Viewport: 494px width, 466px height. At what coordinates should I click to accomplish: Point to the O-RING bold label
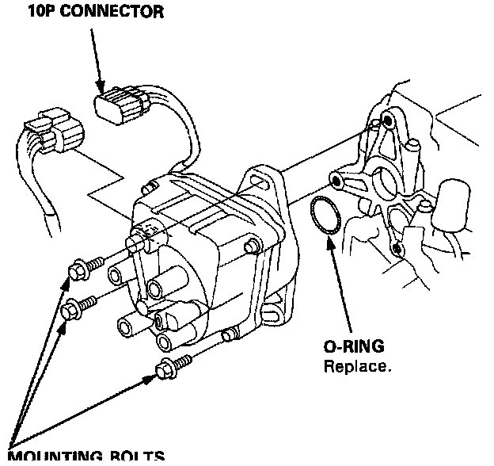(352, 348)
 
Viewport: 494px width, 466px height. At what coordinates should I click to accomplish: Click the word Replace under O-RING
(356, 367)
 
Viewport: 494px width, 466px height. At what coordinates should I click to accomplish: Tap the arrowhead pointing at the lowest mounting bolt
(150, 376)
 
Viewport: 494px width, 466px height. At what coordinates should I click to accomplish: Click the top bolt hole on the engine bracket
(387, 120)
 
